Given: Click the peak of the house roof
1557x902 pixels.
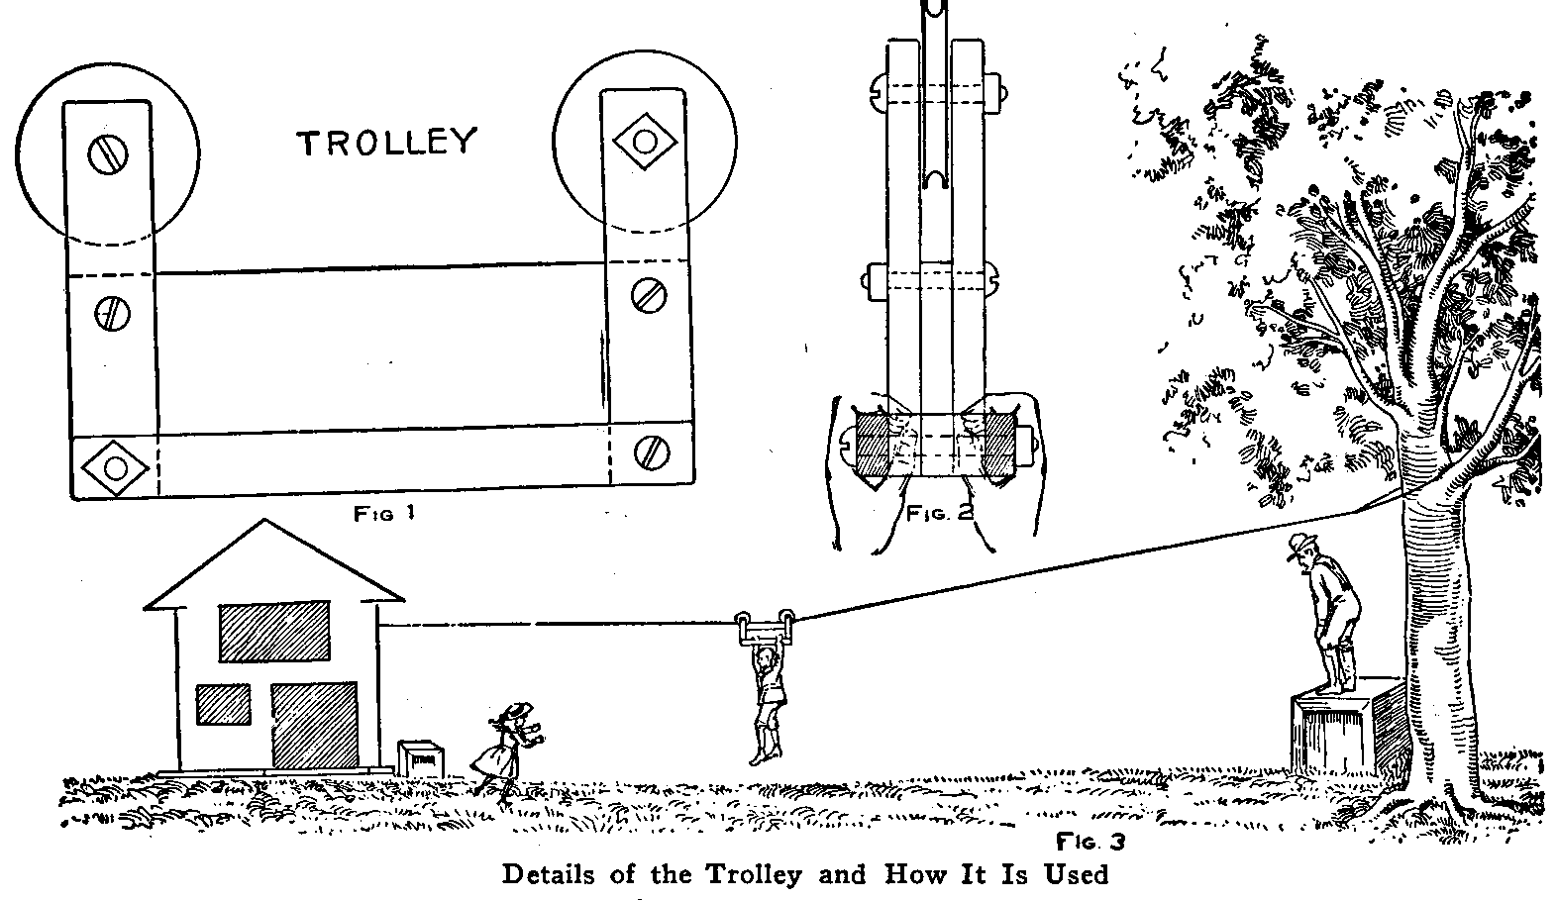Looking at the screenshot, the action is [264, 520].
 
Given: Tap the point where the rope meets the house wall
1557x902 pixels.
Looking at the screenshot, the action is [378, 626].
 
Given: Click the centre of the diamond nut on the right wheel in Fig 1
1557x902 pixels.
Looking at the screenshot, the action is [645, 142].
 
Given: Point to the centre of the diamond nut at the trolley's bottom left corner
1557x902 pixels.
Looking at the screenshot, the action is [115, 467].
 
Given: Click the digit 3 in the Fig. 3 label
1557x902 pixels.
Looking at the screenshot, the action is [1116, 843].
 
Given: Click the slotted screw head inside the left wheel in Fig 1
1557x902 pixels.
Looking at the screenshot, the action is [108, 154].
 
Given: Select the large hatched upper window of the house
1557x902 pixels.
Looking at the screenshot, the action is [274, 631].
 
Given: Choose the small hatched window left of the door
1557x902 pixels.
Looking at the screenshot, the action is [223, 705].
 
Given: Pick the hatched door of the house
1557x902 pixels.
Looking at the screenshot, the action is [314, 726].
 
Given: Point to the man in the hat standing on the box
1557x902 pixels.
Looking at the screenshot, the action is [1324, 613].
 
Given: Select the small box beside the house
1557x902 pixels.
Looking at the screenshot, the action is [421, 758].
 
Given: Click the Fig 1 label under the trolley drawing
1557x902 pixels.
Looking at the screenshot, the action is [384, 514].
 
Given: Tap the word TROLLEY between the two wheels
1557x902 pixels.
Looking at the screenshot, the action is [387, 143].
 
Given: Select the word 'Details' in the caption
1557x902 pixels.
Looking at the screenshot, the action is [549, 874].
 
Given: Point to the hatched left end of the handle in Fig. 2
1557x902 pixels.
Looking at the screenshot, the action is [873, 445].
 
